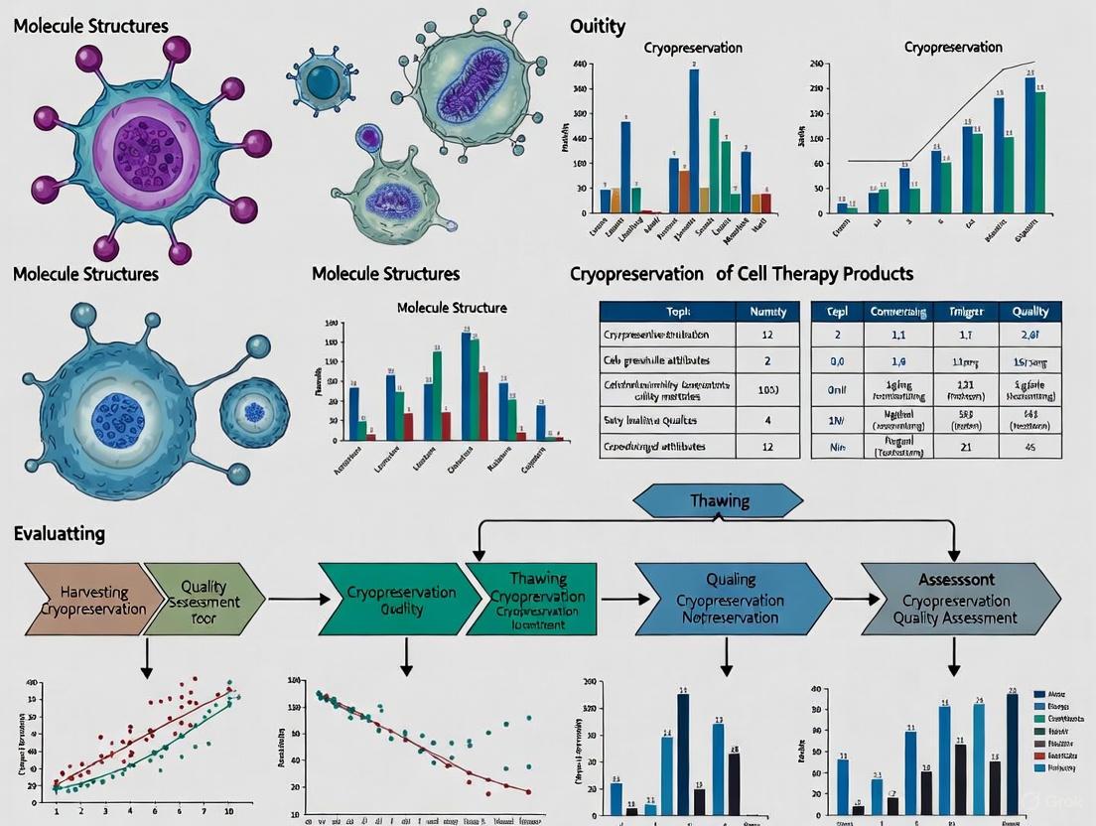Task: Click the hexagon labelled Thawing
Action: (719, 500)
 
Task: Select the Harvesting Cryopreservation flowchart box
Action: (83, 598)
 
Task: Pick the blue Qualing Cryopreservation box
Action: (731, 599)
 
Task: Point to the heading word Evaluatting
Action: (60, 534)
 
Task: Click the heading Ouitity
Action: (598, 27)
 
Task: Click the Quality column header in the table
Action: (1029, 311)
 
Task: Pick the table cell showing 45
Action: (1029, 446)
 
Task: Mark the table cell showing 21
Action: (965, 446)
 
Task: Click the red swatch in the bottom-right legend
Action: (1039, 757)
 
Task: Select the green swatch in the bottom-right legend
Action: (1039, 718)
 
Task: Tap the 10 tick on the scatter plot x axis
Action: (230, 811)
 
